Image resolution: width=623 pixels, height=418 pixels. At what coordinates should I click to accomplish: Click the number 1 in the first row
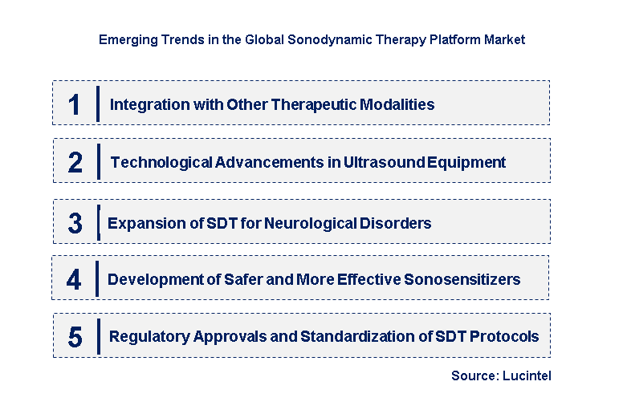click(x=75, y=104)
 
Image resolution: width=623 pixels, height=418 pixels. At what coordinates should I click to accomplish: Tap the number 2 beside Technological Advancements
click(x=75, y=163)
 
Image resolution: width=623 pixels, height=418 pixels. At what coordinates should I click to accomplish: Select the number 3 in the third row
click(x=75, y=223)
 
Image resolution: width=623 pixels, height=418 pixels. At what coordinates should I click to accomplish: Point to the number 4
click(x=74, y=280)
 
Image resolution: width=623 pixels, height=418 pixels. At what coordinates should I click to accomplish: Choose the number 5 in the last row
click(x=75, y=337)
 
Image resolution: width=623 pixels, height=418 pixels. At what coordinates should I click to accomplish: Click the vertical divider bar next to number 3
click(x=97, y=222)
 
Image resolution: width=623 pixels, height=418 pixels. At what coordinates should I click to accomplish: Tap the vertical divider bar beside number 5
click(x=98, y=336)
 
